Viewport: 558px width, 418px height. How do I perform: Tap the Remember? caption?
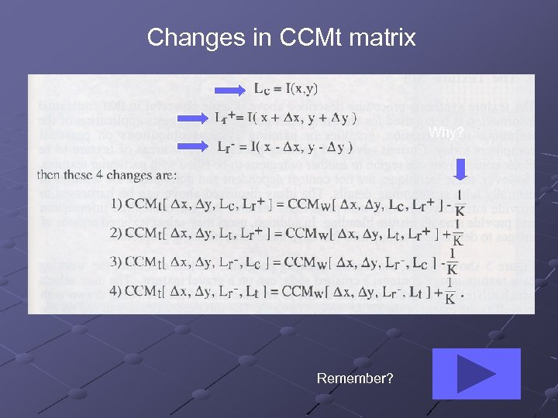coord(355,379)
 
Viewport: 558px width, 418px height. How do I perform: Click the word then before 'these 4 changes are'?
coord(50,174)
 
